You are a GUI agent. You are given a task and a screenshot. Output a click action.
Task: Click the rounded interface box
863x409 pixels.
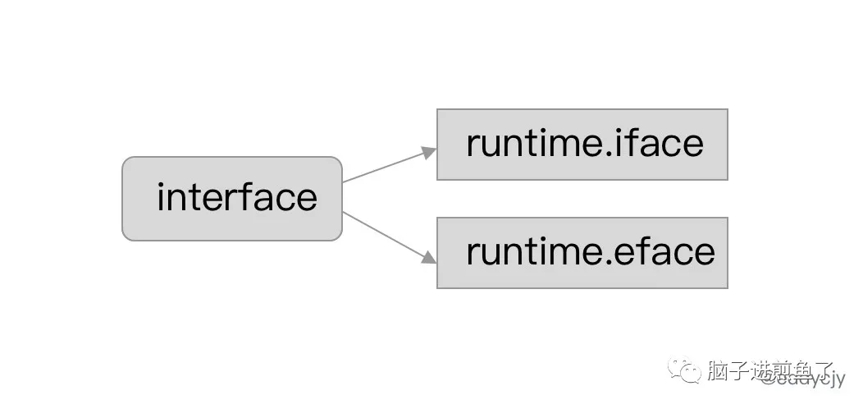point(231,199)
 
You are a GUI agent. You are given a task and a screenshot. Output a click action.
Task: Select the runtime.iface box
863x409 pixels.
point(582,144)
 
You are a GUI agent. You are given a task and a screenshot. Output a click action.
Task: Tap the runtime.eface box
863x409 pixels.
point(582,252)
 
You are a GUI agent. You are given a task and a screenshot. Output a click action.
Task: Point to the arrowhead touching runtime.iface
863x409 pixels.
point(428,152)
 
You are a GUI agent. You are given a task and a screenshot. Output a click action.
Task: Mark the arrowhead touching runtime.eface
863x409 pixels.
point(428,257)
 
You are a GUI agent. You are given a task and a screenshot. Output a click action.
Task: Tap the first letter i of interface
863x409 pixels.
point(162,197)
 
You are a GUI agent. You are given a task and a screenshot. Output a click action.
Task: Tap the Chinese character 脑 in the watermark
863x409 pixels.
point(718,372)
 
